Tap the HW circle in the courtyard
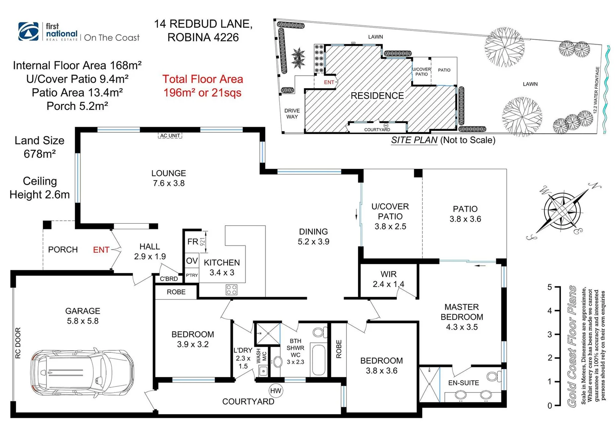(x=276, y=391)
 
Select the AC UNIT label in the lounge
(x=170, y=136)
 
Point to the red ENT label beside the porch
(x=101, y=250)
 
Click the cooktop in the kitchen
(x=232, y=289)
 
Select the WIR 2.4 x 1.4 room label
(x=388, y=279)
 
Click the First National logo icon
(x=28, y=32)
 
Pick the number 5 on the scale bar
(x=550, y=287)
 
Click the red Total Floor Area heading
(x=203, y=79)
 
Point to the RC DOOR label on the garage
(x=18, y=343)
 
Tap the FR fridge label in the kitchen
(x=193, y=241)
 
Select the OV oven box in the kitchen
(x=192, y=261)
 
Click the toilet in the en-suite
(x=493, y=376)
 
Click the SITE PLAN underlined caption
(x=414, y=140)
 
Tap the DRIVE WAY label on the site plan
(x=292, y=113)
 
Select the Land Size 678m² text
(x=39, y=147)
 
